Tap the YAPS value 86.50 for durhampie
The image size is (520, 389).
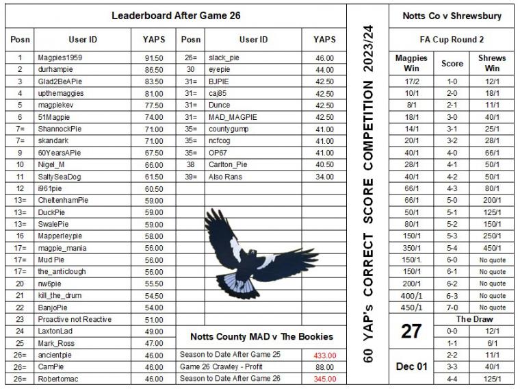point(153,70)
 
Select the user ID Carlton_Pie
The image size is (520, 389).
point(229,165)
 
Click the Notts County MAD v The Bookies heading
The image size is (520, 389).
point(261,336)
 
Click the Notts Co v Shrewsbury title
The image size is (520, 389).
point(452,15)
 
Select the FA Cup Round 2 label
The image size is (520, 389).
point(452,40)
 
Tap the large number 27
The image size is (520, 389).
point(411,331)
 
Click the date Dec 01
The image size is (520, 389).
point(411,366)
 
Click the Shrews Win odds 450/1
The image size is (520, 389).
point(493,248)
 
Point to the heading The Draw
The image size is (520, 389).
point(474,319)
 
